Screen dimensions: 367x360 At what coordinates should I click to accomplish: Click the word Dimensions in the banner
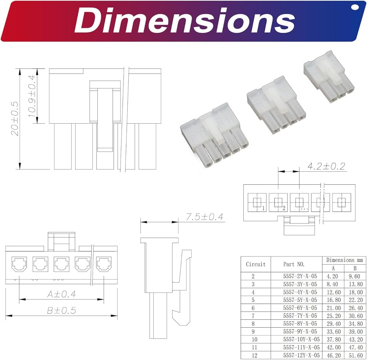(185, 20)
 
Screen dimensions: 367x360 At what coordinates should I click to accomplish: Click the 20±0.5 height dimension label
(15, 119)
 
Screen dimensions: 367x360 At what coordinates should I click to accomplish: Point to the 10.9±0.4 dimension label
(32, 96)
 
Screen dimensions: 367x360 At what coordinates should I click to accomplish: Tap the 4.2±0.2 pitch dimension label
(326, 166)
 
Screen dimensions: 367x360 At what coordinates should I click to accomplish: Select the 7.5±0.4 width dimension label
(204, 217)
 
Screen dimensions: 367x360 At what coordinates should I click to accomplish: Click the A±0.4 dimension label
(62, 294)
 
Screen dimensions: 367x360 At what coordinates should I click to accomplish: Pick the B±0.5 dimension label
(62, 310)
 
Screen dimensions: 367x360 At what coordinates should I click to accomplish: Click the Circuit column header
(255, 264)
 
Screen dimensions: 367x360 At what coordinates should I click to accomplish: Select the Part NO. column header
(294, 264)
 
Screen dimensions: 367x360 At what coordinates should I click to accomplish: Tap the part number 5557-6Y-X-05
(300, 308)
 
